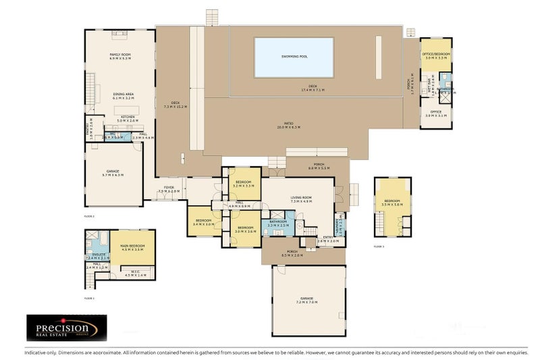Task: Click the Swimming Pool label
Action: click(x=294, y=57)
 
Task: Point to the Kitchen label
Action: click(x=128, y=116)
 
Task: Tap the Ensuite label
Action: click(x=99, y=254)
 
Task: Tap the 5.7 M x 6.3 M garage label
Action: click(x=113, y=175)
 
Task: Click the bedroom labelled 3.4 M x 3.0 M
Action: click(x=203, y=222)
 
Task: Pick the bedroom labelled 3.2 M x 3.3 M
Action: click(x=244, y=183)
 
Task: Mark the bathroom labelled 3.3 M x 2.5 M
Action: click(x=278, y=224)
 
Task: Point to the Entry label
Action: click(x=328, y=237)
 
